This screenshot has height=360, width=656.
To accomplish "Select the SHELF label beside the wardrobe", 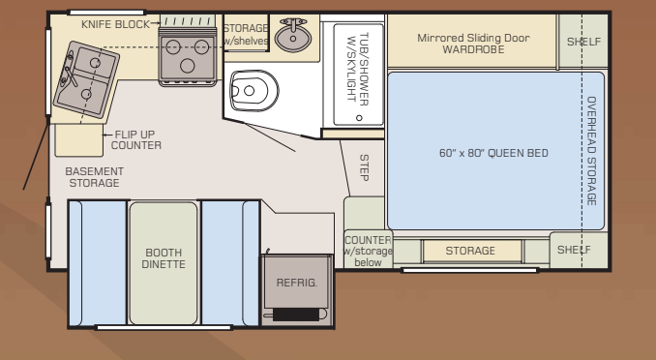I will click(x=583, y=42).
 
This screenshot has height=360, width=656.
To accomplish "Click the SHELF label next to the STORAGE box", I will click(x=577, y=250).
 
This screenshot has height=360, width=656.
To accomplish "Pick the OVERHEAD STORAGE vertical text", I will click(x=591, y=150).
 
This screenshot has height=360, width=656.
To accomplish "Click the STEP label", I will click(x=365, y=167).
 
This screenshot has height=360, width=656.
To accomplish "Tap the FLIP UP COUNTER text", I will click(x=136, y=139).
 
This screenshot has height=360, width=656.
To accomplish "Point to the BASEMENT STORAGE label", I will click(x=94, y=177).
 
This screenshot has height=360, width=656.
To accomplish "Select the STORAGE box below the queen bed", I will click(x=470, y=251).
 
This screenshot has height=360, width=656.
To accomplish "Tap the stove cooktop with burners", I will click(x=188, y=50).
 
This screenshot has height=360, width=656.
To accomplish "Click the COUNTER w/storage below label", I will click(x=367, y=251).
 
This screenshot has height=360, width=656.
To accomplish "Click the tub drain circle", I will click(x=358, y=118).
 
